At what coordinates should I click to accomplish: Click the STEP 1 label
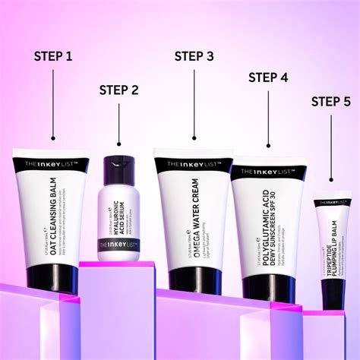(52, 56)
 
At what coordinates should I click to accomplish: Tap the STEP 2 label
(118, 90)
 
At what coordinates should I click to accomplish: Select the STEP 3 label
(194, 56)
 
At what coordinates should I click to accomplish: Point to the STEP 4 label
(268, 77)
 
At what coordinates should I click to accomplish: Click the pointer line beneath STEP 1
(52, 103)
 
